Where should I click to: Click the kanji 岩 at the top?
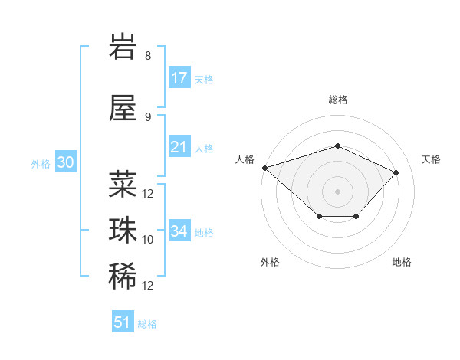pyautogui.click(x=123, y=46)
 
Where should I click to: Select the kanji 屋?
pyautogui.click(x=123, y=108)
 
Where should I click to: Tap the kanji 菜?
pyautogui.click(x=123, y=184)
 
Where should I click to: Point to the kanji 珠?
pyautogui.click(x=123, y=231)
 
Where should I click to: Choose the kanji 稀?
pyautogui.click(x=123, y=277)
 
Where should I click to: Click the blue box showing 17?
pyautogui.click(x=179, y=77)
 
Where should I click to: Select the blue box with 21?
pyautogui.click(x=179, y=146)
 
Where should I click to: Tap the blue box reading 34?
pyautogui.click(x=179, y=230)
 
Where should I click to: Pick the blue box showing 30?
pyautogui.click(x=66, y=162)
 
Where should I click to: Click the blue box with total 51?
pyautogui.click(x=123, y=321)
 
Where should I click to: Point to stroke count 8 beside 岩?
pyautogui.click(x=148, y=56)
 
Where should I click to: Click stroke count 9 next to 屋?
pyautogui.click(x=148, y=117)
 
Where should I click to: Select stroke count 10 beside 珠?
pyautogui.click(x=147, y=240)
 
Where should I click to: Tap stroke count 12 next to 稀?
pyautogui.click(x=147, y=286)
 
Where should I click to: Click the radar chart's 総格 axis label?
pyautogui.click(x=338, y=100)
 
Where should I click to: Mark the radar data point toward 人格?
pyautogui.click(x=265, y=168)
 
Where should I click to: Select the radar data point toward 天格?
pyautogui.click(x=396, y=172)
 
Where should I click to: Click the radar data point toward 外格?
pyautogui.click(x=320, y=216)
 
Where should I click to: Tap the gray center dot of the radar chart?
pyautogui.click(x=337, y=191)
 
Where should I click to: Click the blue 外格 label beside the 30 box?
pyautogui.click(x=41, y=164)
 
